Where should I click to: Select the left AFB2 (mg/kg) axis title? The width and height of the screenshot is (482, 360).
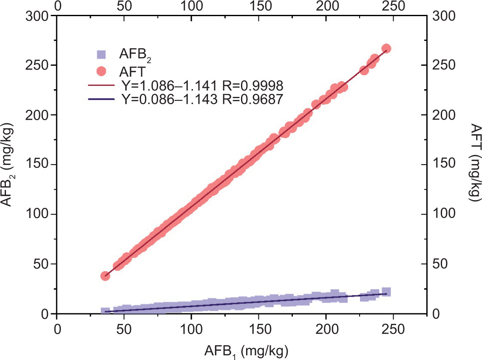[x=9, y=164]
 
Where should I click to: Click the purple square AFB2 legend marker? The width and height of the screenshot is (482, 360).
[x=101, y=55]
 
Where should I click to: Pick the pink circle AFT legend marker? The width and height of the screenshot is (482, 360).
[x=101, y=69]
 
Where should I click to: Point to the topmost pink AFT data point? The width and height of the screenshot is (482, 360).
[x=386, y=48]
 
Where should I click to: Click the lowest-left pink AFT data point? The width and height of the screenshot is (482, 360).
[x=105, y=276]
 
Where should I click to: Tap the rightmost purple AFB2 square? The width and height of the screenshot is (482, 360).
[x=386, y=292]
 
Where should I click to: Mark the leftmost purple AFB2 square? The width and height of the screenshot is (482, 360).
[x=105, y=311]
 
